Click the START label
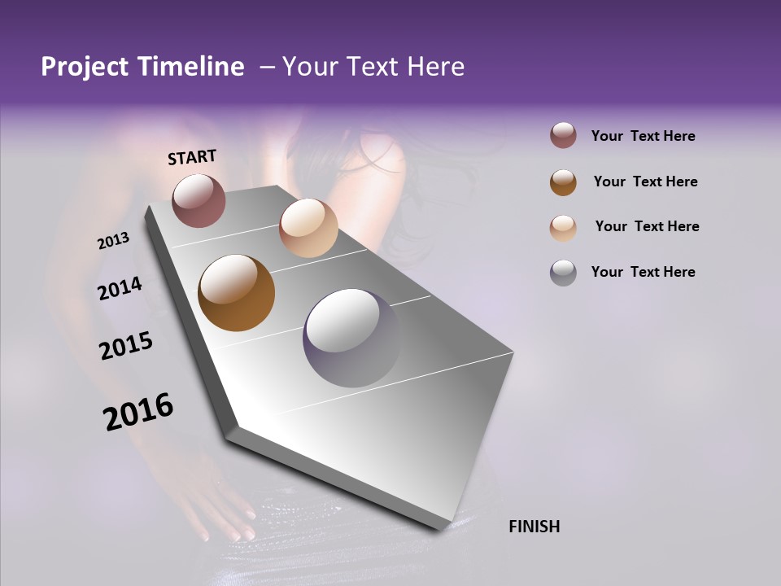pos(192,157)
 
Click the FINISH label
pos(534,527)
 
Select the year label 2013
pos(114,241)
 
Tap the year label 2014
pos(120,288)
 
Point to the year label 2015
pos(126,346)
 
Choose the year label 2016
pos(138,412)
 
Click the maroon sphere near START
pos(199,200)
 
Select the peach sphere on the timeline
pos(308,228)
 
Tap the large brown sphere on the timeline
pos(236,293)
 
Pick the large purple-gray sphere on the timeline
pos(352,338)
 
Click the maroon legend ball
pos(563,136)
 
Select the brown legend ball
pos(563,182)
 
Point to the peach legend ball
pos(563,227)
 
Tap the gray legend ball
pos(563,273)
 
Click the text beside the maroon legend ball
pos(643,137)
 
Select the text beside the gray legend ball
pos(643,272)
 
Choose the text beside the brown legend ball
pos(645,181)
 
